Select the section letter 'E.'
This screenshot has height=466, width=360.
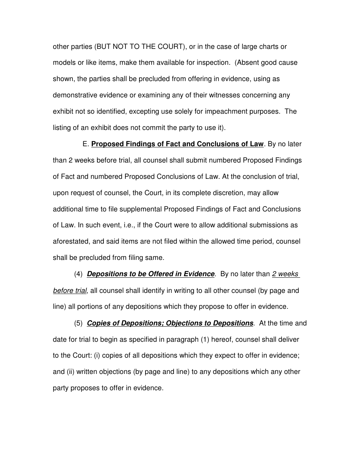coord(85,144)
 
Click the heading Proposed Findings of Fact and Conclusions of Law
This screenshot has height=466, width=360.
coord(177,144)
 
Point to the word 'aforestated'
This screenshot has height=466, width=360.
coord(72,241)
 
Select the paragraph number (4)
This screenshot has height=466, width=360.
coord(78,274)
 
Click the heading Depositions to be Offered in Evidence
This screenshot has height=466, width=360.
coord(151,274)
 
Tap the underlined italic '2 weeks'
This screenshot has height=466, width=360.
coord(285,274)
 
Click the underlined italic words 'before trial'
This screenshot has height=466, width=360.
coord(70,291)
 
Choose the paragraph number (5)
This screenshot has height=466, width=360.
coord(78,323)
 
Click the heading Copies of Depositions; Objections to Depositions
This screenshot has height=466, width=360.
coord(170,323)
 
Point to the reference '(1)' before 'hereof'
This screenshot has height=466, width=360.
coord(205,339)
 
